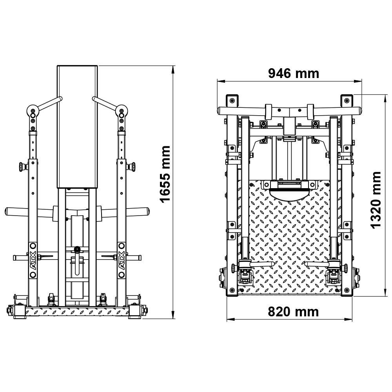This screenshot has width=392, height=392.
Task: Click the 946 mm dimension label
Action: coord(294,74)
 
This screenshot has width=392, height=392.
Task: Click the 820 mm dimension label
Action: coord(293,312)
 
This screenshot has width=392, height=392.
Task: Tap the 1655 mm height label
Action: coord(165,174)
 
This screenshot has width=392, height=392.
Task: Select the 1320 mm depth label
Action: coord(376,200)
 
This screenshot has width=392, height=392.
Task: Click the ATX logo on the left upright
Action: coord(33,260)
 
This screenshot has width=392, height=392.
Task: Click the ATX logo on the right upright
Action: coord(122,260)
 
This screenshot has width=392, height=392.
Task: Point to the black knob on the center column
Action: coord(77,249)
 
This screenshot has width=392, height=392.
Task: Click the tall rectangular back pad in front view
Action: coord(77,127)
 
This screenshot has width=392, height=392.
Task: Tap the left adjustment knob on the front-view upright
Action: coord(23,166)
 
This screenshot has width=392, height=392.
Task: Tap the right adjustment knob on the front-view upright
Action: coord(131,166)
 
